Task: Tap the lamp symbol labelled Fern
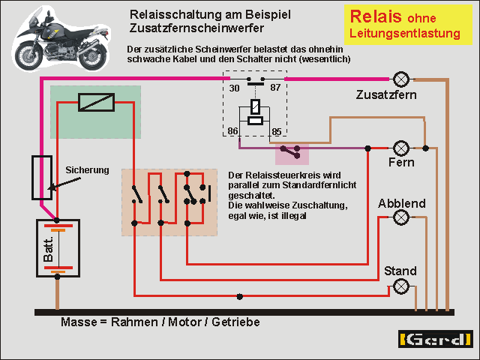401,147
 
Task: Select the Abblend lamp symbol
401,217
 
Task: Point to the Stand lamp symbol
401,286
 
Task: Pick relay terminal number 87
274,88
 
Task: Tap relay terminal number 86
233,132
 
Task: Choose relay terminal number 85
276,132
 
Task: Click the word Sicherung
87,169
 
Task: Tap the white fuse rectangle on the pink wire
41,178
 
